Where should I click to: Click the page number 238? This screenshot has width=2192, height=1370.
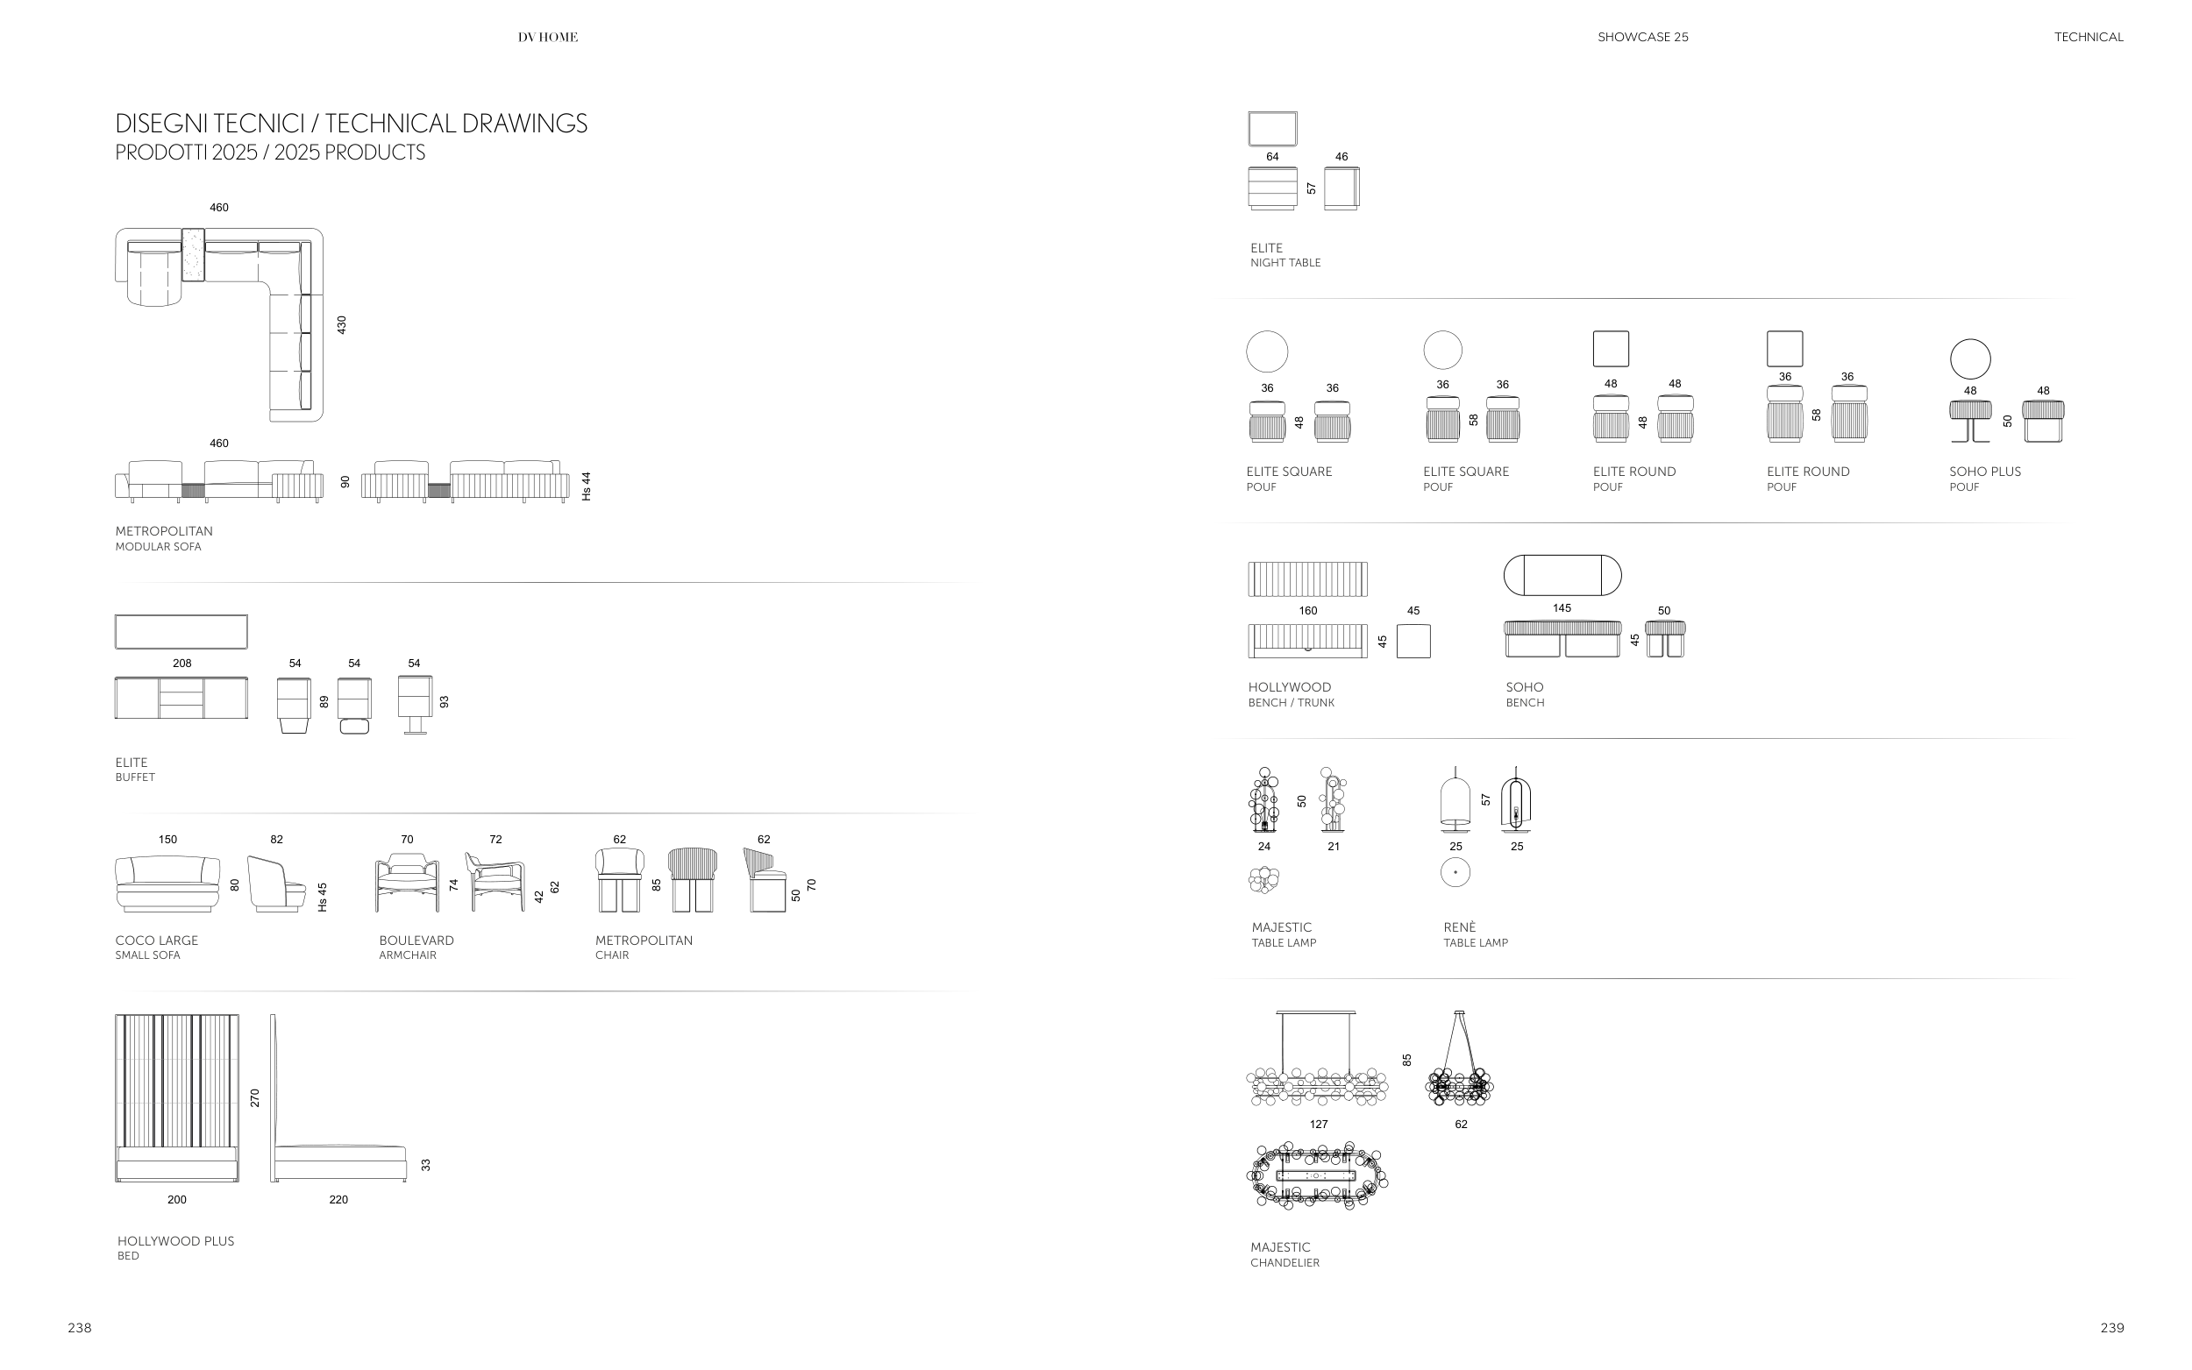pyautogui.click(x=80, y=1328)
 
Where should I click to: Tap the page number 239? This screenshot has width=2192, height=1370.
pyautogui.click(x=2111, y=1328)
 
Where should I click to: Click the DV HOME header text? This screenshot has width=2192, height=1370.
pyautogui.click(x=547, y=37)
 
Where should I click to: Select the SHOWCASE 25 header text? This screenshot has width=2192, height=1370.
pyautogui.click(x=1642, y=37)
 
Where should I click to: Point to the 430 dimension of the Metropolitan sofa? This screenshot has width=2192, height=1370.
pyautogui.click(x=342, y=324)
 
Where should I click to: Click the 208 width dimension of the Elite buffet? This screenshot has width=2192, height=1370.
pyautogui.click(x=182, y=664)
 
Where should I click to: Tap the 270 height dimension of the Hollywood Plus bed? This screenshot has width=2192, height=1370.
pyautogui.click(x=254, y=1097)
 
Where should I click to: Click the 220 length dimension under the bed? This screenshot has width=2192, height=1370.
pyautogui.click(x=338, y=1200)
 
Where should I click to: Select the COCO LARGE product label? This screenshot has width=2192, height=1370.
pyautogui.click(x=156, y=941)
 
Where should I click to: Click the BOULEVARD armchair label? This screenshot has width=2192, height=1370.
pyautogui.click(x=416, y=941)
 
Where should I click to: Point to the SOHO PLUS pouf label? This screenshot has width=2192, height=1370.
pyautogui.click(x=1984, y=472)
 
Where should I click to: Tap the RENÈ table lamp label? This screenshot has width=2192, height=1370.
pyautogui.click(x=1459, y=927)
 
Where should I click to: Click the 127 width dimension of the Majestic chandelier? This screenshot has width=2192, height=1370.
pyautogui.click(x=1319, y=1125)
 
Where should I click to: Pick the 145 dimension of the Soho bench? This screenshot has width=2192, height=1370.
pyautogui.click(x=1562, y=608)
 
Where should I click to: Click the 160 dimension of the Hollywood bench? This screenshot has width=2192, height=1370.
pyautogui.click(x=1307, y=611)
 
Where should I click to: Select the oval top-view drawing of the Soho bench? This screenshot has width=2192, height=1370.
pyautogui.click(x=1562, y=574)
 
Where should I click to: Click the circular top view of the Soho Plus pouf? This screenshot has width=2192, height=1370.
pyautogui.click(x=1970, y=358)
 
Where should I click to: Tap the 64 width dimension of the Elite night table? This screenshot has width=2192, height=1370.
pyautogui.click(x=1272, y=157)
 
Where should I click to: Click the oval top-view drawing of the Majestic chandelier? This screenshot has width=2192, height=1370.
pyautogui.click(x=1317, y=1176)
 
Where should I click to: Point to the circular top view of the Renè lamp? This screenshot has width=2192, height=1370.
pyautogui.click(x=1455, y=872)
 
